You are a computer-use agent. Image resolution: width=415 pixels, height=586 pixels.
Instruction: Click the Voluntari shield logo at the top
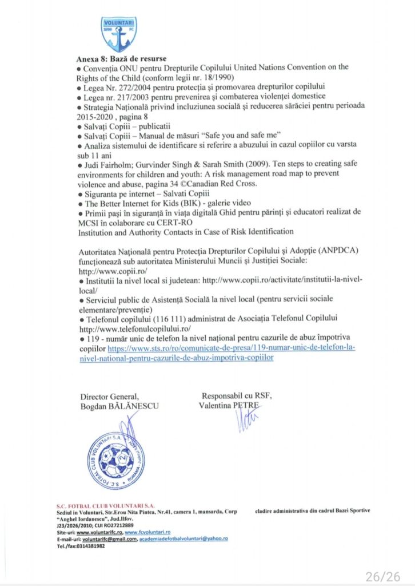click(119, 34)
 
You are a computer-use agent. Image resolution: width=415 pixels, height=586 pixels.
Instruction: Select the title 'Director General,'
click(109, 397)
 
